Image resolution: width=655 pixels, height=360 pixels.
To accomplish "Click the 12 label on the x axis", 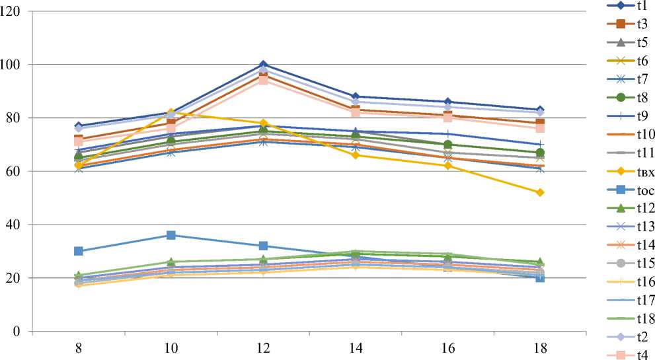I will [263, 347].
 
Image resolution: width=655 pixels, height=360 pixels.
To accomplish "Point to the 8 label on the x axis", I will [78, 347].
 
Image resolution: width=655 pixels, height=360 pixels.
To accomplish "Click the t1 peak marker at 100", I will [263, 65].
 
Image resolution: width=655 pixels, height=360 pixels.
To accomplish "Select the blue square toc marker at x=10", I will [171, 235].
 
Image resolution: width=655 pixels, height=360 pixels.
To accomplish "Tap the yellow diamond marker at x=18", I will [540, 192].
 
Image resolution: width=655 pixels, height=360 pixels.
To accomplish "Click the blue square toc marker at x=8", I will [78, 251].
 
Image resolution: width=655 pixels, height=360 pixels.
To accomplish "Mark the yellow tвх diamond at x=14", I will [356, 155].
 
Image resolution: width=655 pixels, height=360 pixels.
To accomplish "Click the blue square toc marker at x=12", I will [263, 246].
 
